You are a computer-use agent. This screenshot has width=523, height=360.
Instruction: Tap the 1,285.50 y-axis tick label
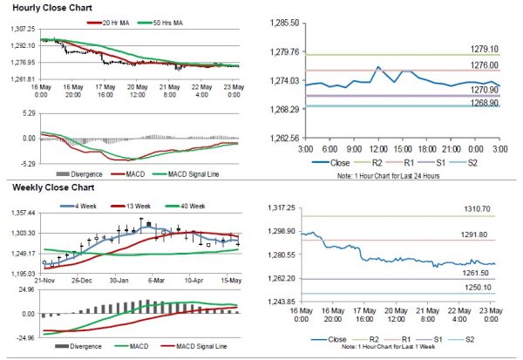284,22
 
